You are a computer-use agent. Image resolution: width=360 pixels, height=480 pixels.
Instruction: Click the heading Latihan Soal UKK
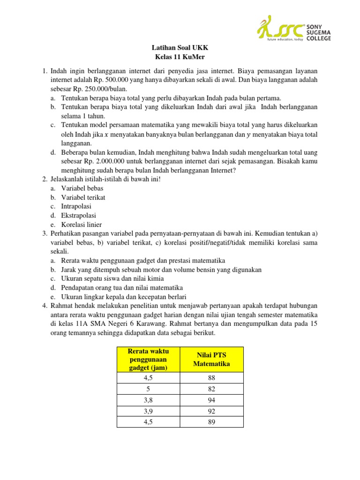(180, 48)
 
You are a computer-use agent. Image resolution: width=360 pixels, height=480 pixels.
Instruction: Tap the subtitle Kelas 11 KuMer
(180, 57)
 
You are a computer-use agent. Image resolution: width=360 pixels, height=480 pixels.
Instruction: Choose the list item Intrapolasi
(76, 206)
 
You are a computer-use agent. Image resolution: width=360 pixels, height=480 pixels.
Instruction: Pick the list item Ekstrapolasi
(78, 215)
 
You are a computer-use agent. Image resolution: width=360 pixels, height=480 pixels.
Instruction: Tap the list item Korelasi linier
(81, 225)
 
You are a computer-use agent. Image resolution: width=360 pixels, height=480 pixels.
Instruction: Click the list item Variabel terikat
(83, 197)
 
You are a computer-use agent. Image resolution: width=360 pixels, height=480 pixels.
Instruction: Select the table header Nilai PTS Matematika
(211, 360)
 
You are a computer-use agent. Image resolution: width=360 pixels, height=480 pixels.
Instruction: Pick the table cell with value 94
(211, 400)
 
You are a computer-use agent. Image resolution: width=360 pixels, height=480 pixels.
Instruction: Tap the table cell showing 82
(211, 389)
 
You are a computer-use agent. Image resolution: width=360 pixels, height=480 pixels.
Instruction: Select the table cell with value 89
(211, 423)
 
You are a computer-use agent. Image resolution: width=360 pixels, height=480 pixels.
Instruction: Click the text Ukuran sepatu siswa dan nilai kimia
(115, 278)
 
